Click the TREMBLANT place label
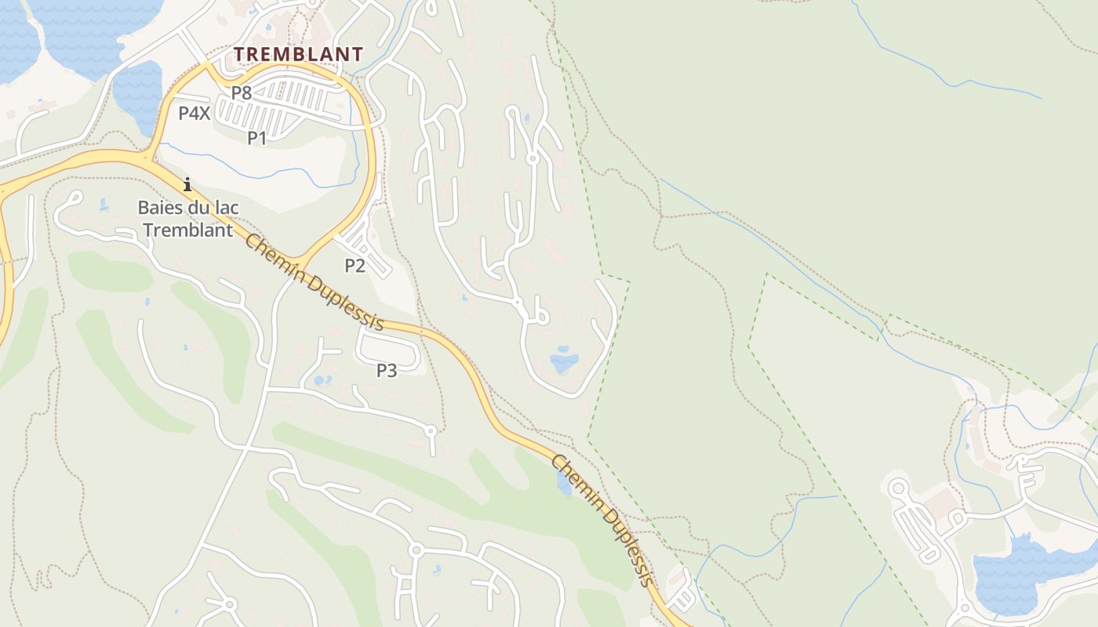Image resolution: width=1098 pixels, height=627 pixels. click(x=299, y=54)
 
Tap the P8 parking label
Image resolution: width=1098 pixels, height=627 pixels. click(x=241, y=92)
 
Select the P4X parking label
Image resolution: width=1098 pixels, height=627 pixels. click(x=194, y=113)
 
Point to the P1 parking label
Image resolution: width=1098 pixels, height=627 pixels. click(x=257, y=139)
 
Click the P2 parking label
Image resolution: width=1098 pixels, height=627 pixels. click(x=354, y=266)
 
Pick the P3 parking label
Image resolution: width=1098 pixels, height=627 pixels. click(x=387, y=370)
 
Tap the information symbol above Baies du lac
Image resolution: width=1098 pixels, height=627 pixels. click(x=187, y=185)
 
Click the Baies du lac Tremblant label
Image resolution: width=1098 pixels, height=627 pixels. click(x=187, y=219)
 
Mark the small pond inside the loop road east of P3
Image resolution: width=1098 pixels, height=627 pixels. click(x=564, y=361)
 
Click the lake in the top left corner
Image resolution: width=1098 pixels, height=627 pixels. click(x=86, y=31)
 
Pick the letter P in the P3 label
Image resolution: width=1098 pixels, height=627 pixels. click(x=381, y=370)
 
